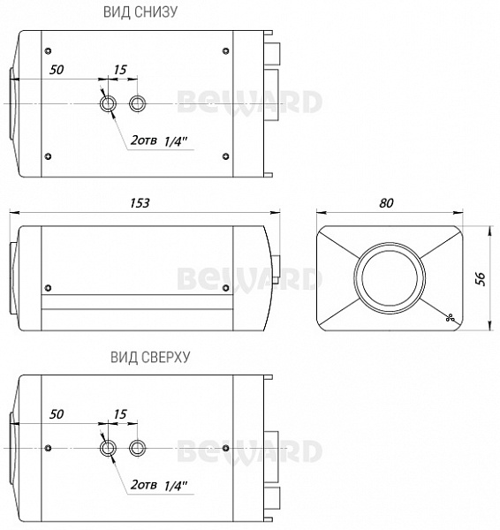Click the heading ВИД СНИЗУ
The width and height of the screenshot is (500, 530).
140,11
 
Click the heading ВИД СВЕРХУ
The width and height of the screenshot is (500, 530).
150,357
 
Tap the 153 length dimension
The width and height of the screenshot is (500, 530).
140,203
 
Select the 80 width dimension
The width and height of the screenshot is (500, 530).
386,203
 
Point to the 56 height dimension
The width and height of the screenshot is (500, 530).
480,278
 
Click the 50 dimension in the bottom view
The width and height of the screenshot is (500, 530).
57,70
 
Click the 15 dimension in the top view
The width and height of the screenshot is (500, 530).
120,414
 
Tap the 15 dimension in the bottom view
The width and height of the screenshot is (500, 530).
120,70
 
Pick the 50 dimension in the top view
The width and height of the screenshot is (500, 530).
57,414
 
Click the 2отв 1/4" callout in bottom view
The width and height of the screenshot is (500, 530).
159,140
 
